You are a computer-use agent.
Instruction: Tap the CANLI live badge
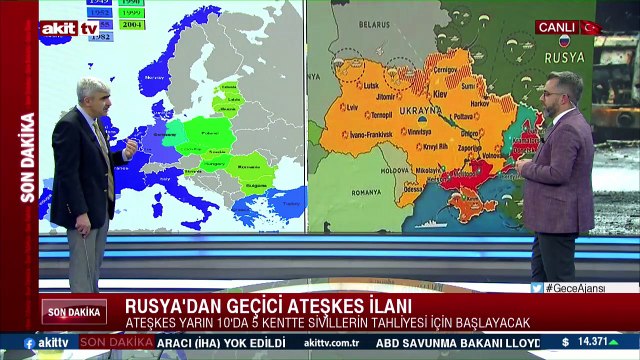556,27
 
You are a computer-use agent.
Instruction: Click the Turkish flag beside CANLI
589,27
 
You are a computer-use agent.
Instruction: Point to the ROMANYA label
366,191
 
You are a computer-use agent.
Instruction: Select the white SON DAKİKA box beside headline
74,311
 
